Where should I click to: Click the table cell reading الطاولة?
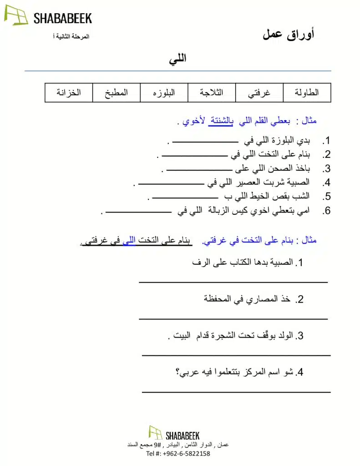pyautogui.click(x=307, y=92)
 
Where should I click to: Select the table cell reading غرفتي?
pyautogui.click(x=259, y=92)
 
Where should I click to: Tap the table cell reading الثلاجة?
pyautogui.click(x=211, y=92)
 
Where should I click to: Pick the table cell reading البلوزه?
pyautogui.click(x=164, y=92)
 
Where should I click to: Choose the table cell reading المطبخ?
pyautogui.click(x=116, y=92)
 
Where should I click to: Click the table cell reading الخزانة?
pyautogui.click(x=69, y=92)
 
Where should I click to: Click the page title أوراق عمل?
pyautogui.click(x=289, y=34)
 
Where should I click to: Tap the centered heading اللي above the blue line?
pyautogui.click(x=177, y=59)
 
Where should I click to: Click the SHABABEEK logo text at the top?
pyautogui.click(x=62, y=18)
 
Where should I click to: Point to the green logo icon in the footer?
pyautogui.click(x=155, y=433)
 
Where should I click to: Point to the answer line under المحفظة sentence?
pyautogui.click(x=233, y=319)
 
